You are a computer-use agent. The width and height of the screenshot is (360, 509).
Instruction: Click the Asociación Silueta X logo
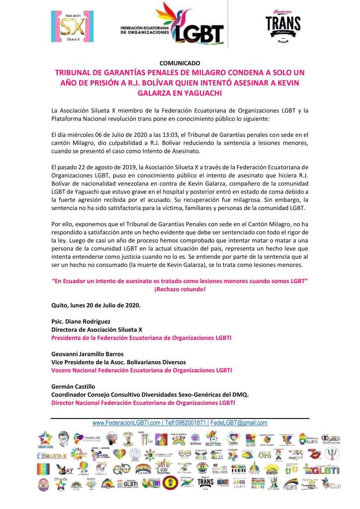(72, 26)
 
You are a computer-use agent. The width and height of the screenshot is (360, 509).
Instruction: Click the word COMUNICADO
(180, 63)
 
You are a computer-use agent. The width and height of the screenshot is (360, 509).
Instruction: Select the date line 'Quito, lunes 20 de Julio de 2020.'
(96, 305)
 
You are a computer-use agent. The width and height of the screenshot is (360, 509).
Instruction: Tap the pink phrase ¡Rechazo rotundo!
(180, 289)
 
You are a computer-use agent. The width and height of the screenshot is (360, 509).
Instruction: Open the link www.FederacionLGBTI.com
(126, 423)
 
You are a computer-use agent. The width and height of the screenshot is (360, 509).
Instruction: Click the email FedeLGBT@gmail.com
(239, 423)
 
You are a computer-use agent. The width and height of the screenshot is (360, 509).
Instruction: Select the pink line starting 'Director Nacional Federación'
(143, 403)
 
